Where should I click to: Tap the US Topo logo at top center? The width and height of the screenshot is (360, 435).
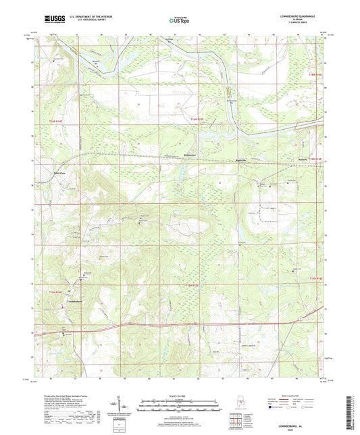pyautogui.click(x=179, y=20)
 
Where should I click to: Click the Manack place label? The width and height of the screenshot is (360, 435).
pyautogui.click(x=302, y=159)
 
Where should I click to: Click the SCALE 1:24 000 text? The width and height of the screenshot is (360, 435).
pyautogui.click(x=179, y=396)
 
